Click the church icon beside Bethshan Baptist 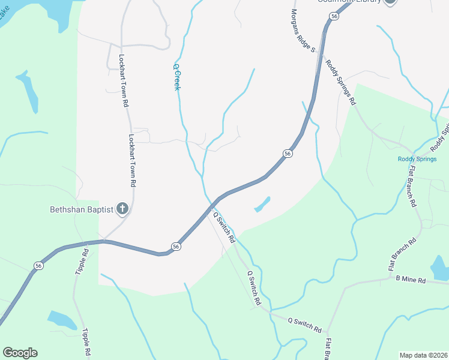(122, 209)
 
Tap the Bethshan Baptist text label (81, 209)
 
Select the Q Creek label (177, 77)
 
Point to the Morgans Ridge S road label (303, 30)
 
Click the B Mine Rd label (411, 280)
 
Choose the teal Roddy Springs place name (415, 159)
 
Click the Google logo (20, 353)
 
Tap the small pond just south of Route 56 (262, 205)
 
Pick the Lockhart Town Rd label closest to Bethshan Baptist (133, 158)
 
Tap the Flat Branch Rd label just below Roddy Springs (411, 187)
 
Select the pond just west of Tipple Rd (61, 319)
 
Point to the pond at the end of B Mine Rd (440, 268)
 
